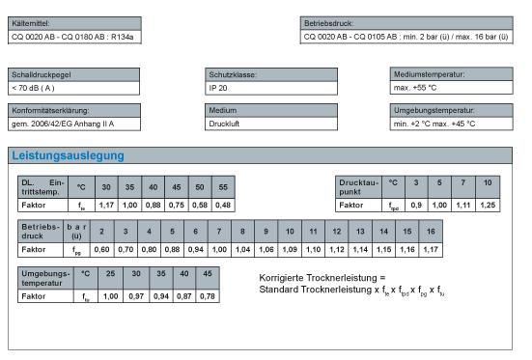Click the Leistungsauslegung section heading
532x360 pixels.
pos(68,155)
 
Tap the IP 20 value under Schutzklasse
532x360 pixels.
pos(221,88)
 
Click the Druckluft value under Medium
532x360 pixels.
pos(224,125)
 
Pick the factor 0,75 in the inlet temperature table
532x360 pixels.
pos(176,205)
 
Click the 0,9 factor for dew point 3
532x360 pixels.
pos(416,205)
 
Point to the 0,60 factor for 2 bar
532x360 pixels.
pos(101,249)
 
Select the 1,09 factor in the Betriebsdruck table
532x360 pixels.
pos(290,249)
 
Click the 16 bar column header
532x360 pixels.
pos(431,232)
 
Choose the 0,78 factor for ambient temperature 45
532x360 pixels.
pos(206,295)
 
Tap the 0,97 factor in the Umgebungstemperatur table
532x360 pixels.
pos(135,295)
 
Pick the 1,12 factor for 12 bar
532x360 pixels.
pos(336,249)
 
